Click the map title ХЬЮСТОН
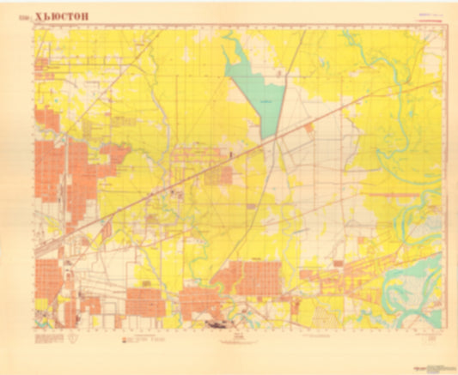[x=65, y=15]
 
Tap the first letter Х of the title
[x=40, y=15]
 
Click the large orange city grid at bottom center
[x=249, y=279]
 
